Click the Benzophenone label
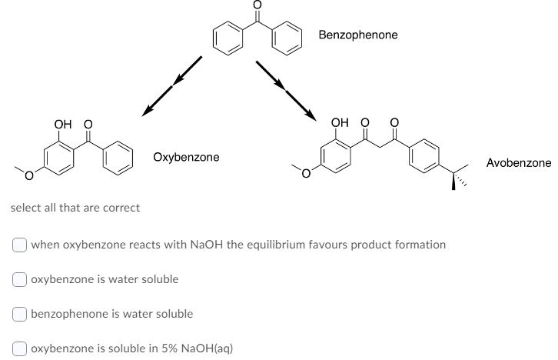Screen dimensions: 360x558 click(358, 35)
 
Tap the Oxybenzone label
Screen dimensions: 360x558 click(186, 157)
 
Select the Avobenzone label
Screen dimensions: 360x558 click(519, 163)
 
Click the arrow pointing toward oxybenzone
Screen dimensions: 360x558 click(171, 85)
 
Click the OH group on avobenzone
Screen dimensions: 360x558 click(339, 122)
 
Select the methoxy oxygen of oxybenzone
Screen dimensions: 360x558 click(28, 178)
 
